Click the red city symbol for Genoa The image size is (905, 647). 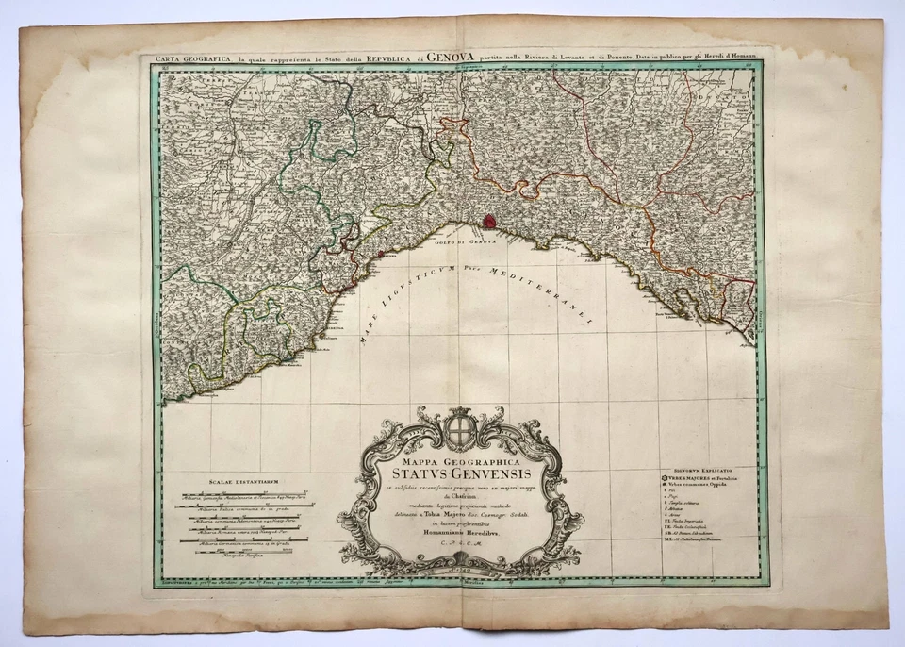(489, 221)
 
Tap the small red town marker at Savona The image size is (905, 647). (380, 254)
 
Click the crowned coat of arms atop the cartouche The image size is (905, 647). (461, 422)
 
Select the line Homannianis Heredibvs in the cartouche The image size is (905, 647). (463, 532)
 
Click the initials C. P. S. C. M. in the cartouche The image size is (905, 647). (462, 546)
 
